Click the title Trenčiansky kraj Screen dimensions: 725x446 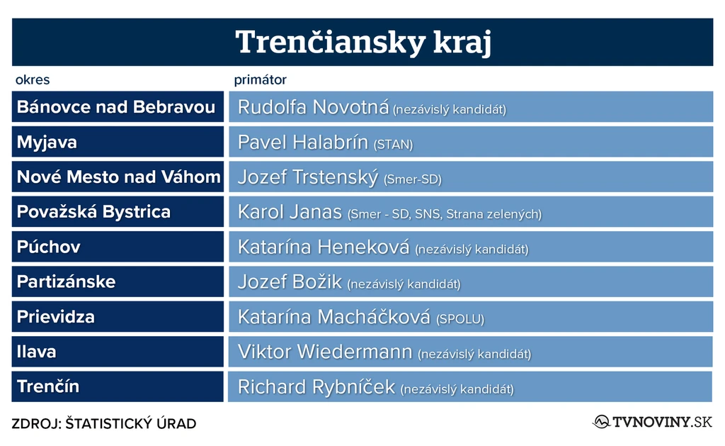pyautogui.click(x=363, y=42)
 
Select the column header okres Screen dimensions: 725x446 pyautogui.click(x=33, y=79)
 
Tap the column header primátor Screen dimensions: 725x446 pyautogui.click(x=261, y=79)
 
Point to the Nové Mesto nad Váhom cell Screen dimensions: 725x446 pyautogui.click(x=118, y=177)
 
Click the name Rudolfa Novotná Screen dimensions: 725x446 pyautogui.click(x=314, y=107)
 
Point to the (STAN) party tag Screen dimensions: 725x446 pyautogui.click(x=393, y=145)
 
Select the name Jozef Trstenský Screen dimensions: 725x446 pyautogui.click(x=308, y=177)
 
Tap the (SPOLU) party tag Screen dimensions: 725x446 pyautogui.click(x=460, y=319)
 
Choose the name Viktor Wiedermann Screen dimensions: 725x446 pyautogui.click(x=325, y=352)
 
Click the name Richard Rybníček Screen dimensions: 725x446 pyautogui.click(x=316, y=387)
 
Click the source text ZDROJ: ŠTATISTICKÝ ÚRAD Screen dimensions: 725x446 pyautogui.click(x=104, y=423)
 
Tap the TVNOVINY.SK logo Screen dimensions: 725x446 pyautogui.click(x=653, y=422)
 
